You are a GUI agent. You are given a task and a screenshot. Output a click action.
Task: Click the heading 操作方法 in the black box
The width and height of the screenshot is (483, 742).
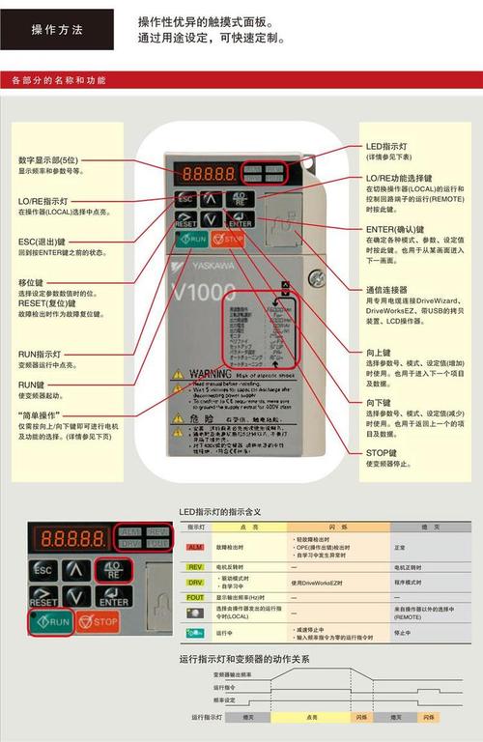(57, 29)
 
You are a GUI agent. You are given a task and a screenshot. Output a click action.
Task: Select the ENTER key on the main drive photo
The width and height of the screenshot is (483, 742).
(239, 221)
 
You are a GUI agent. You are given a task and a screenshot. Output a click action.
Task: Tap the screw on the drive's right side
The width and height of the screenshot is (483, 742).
(316, 278)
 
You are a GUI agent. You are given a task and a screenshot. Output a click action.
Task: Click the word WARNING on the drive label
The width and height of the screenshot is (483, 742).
(208, 372)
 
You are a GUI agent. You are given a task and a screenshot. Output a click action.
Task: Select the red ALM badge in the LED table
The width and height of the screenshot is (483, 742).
(195, 547)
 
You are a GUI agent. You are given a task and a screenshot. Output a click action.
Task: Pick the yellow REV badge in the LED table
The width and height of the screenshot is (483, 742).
(195, 566)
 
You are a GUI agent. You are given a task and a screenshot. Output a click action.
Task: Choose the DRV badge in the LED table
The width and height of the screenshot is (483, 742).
(195, 582)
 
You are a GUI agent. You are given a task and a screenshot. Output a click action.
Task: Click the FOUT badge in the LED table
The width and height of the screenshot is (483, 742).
(195, 597)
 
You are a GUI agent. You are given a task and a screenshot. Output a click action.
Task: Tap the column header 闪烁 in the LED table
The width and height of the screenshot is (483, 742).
(338, 527)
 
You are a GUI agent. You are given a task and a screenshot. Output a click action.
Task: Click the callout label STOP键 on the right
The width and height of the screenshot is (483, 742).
(382, 452)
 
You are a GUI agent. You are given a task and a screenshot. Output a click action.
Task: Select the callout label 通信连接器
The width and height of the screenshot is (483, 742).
(386, 289)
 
